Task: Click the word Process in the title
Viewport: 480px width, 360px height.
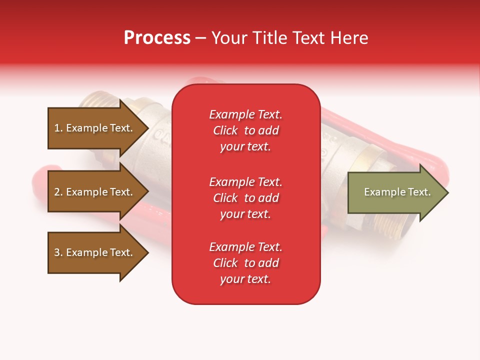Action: pos(157,37)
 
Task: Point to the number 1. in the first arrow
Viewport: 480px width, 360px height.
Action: pos(58,128)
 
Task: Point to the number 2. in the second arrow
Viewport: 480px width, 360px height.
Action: pos(58,192)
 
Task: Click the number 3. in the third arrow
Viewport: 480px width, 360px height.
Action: pos(58,252)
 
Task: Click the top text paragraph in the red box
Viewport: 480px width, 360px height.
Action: pos(245,130)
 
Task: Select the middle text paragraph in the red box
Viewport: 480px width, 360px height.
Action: pos(245,198)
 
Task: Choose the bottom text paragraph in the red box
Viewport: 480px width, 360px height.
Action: pos(245,263)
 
